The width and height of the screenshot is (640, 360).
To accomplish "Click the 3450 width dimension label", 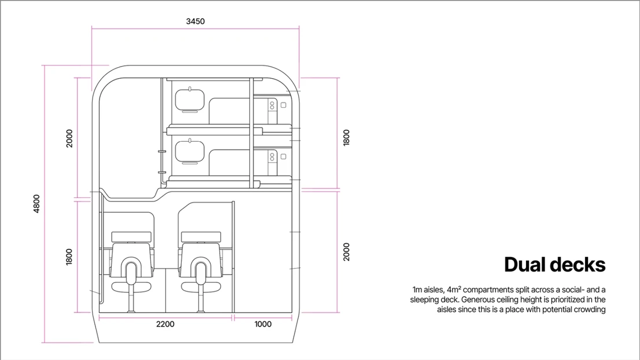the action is click(195, 21).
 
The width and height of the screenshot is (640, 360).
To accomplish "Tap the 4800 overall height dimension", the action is click(36, 203).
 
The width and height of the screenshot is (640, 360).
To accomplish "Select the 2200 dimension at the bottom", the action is click(165, 324).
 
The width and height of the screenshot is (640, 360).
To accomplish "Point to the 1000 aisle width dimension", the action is click(263, 324).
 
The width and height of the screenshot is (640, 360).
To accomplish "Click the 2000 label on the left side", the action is click(69, 138).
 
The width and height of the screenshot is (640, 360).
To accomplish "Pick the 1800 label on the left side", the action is click(69, 257).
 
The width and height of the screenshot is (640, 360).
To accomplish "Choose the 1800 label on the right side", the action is click(347, 138).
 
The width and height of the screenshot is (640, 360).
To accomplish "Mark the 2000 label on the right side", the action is click(347, 252).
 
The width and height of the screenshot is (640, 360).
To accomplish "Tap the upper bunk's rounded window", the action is click(190, 100).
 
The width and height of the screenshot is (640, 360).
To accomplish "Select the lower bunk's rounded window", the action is click(190, 152).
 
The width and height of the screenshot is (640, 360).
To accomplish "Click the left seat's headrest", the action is click(131, 237).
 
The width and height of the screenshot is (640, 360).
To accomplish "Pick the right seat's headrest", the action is click(201, 237).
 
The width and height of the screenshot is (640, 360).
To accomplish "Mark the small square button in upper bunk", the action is click(284, 105).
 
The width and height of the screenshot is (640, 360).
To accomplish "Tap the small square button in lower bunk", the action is click(284, 156).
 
